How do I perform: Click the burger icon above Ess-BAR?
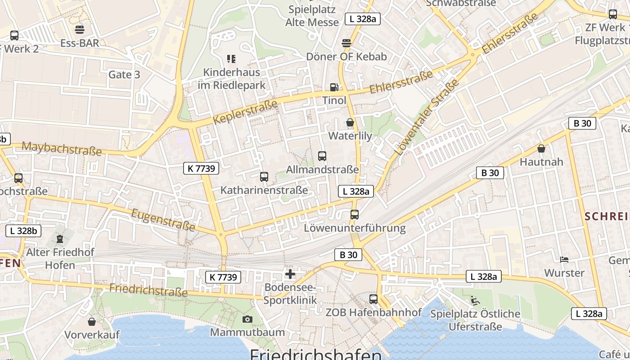pyautogui.click(x=80, y=30)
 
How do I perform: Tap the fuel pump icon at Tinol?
pyautogui.click(x=334, y=87)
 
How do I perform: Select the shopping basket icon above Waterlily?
pyautogui.click(x=350, y=122)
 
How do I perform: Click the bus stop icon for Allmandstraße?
pyautogui.click(x=322, y=156)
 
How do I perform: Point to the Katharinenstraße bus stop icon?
pyautogui.click(x=264, y=177)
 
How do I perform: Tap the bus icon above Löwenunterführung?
pyautogui.click(x=355, y=215)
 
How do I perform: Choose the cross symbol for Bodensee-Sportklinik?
pyautogui.click(x=290, y=274)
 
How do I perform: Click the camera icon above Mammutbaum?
pyautogui.click(x=247, y=319)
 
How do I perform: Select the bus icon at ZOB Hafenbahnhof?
pyautogui.click(x=373, y=299)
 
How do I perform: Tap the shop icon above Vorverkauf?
pyautogui.click(x=92, y=322)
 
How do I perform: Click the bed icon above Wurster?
pyautogui.click(x=564, y=260)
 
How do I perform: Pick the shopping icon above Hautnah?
pyautogui.click(x=541, y=148)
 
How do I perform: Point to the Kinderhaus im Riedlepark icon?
pyautogui.click(x=231, y=58)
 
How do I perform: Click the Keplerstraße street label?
pyautogui.click(x=245, y=112)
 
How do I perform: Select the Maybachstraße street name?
pyautogui.click(x=62, y=148)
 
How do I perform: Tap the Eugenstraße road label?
pyautogui.click(x=163, y=219)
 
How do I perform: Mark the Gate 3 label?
pyautogui.click(x=124, y=75)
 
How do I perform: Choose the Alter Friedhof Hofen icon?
pyautogui.click(x=60, y=238)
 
